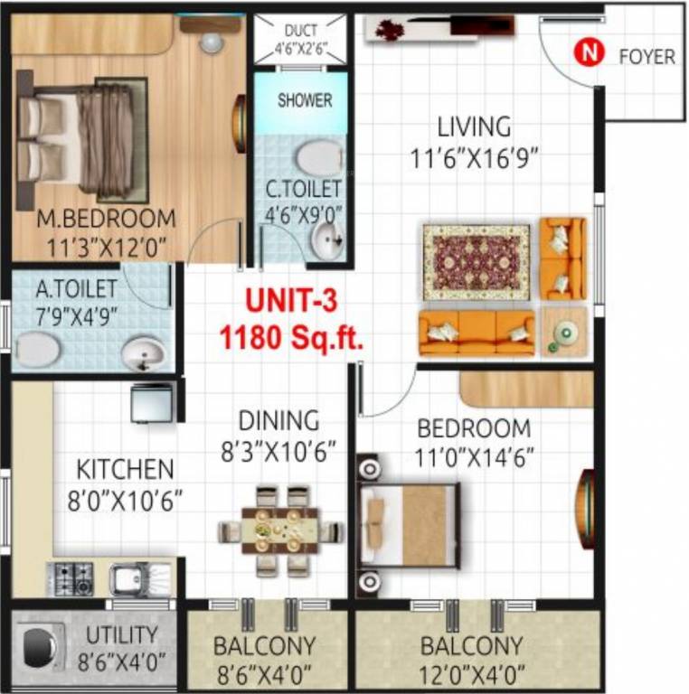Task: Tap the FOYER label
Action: [647, 56]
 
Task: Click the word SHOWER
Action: [305, 100]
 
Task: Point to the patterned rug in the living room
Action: [477, 262]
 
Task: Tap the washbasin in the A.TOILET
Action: [143, 352]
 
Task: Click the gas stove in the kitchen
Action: [71, 577]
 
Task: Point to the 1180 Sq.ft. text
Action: [291, 340]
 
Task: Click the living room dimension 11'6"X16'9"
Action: [474, 158]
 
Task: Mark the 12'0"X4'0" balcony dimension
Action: [471, 674]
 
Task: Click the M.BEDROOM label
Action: [106, 219]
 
